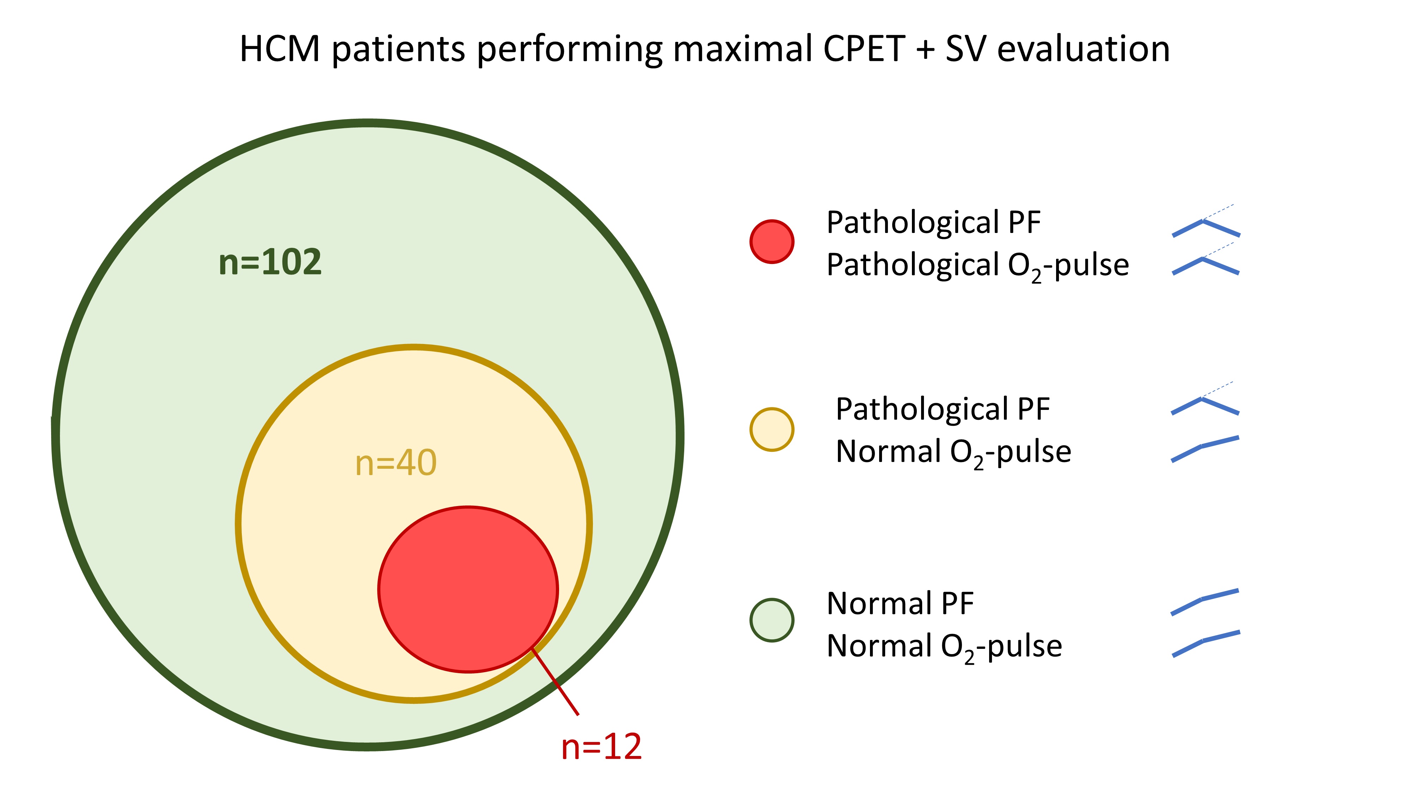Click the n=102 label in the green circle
point(270,262)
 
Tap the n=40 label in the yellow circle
point(396,463)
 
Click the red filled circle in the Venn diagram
point(468,589)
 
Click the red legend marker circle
point(772,241)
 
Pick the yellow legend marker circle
point(772,430)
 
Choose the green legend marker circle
point(772,620)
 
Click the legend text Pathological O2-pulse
point(977,266)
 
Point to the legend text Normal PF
point(900,604)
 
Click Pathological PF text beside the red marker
point(934,223)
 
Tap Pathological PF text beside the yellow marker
point(943,410)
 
